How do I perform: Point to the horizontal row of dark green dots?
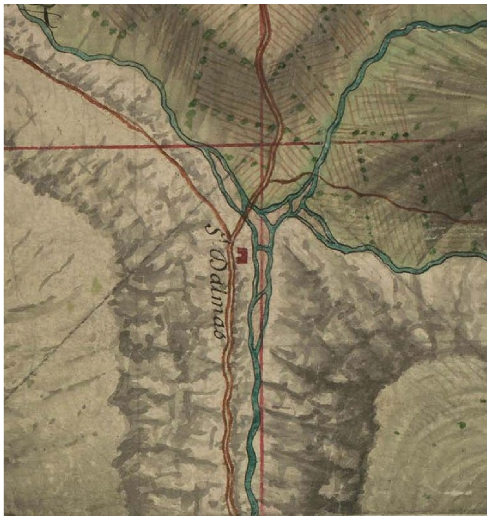point(380,133)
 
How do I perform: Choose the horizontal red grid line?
point(81,147)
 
